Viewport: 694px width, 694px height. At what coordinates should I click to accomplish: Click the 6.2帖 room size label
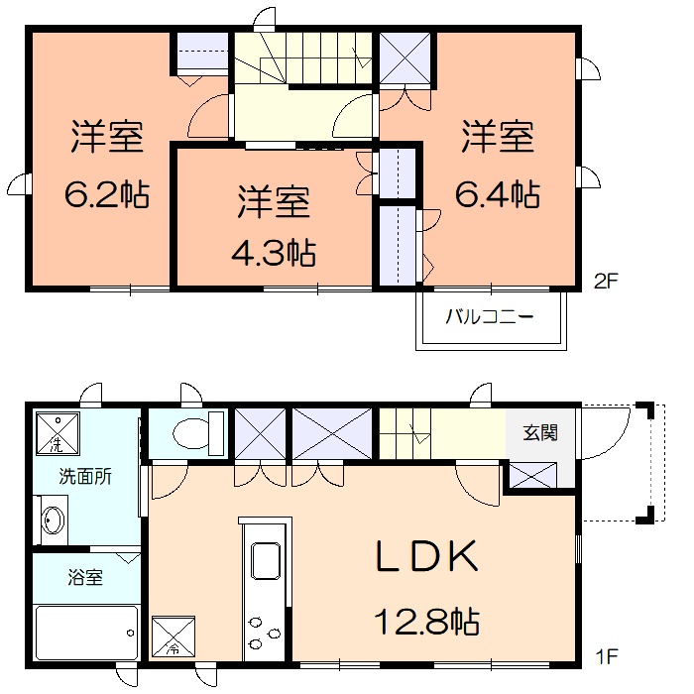click(107, 194)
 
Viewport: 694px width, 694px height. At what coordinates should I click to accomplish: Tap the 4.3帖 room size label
click(274, 253)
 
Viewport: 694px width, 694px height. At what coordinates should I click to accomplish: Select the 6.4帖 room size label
click(498, 194)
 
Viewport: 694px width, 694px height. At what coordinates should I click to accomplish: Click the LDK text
click(427, 556)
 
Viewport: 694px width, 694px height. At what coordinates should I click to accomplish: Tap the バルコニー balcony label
click(490, 317)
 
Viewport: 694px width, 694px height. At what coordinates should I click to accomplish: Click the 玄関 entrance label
click(540, 432)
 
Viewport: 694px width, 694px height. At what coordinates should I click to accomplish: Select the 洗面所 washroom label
click(85, 476)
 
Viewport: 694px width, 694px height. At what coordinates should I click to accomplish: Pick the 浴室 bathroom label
click(85, 577)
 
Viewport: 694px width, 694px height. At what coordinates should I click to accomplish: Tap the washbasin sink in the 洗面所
click(53, 520)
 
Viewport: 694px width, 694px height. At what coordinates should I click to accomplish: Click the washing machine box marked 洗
click(58, 433)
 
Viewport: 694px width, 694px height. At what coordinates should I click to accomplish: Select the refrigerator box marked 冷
click(173, 636)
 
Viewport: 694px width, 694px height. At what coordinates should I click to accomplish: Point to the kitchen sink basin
click(266, 560)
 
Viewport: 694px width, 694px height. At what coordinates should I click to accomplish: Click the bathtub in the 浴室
click(87, 633)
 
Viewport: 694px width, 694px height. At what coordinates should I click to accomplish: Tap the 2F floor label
click(606, 281)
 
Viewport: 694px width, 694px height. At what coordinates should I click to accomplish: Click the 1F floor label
click(607, 656)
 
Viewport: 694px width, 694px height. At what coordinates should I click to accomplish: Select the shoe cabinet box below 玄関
click(533, 475)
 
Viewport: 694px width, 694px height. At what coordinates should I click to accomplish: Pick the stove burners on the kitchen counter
click(265, 633)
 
